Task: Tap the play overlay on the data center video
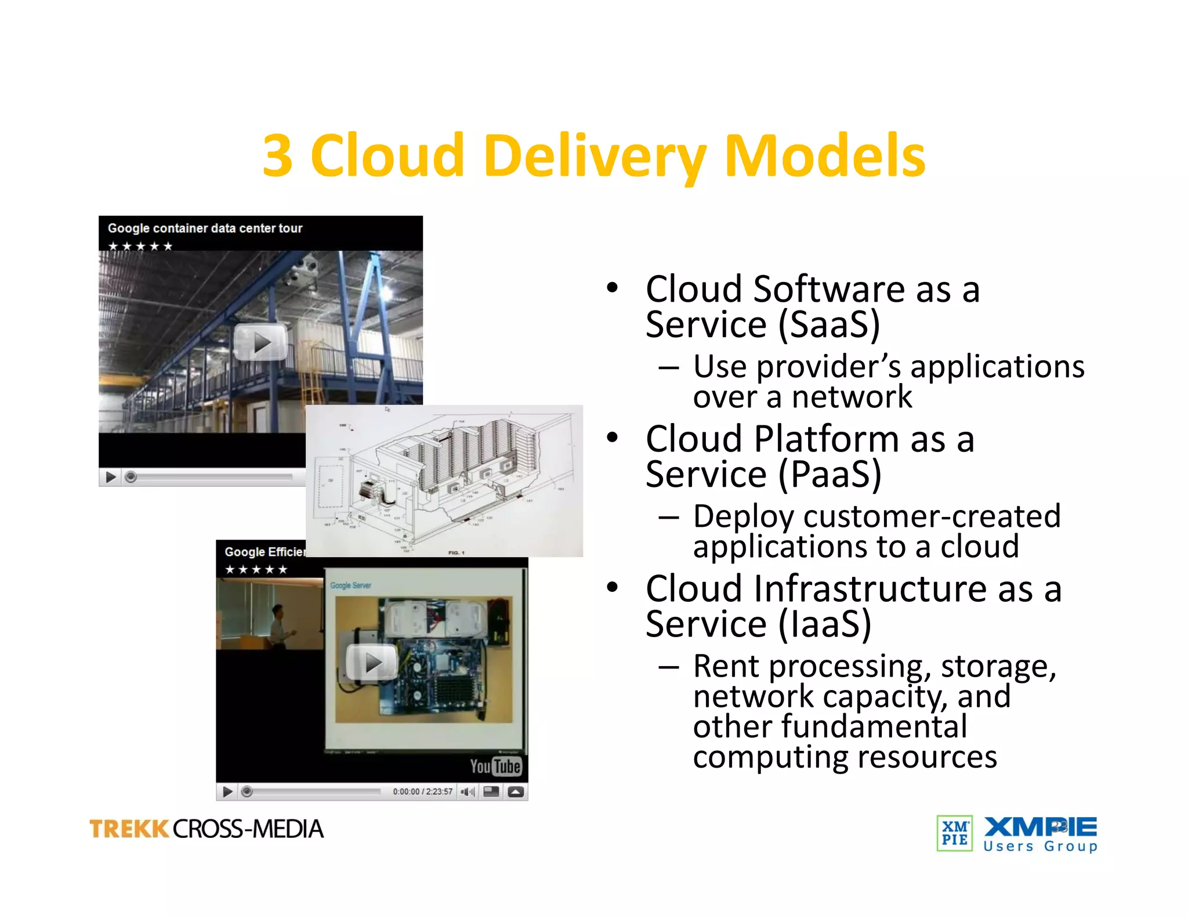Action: [x=260, y=343]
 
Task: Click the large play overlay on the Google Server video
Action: [x=372, y=662]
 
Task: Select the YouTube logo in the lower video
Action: [x=495, y=767]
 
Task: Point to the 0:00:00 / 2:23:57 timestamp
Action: [x=422, y=791]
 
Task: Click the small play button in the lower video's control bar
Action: [x=227, y=791]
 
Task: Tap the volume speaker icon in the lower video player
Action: [x=467, y=791]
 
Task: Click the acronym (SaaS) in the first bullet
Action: [x=829, y=325]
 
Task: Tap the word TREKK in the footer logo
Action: [x=129, y=829]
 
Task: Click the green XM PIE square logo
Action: [x=954, y=833]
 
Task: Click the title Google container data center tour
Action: [x=205, y=228]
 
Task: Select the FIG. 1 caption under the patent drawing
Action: [x=456, y=552]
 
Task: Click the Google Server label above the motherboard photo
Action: [x=350, y=586]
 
